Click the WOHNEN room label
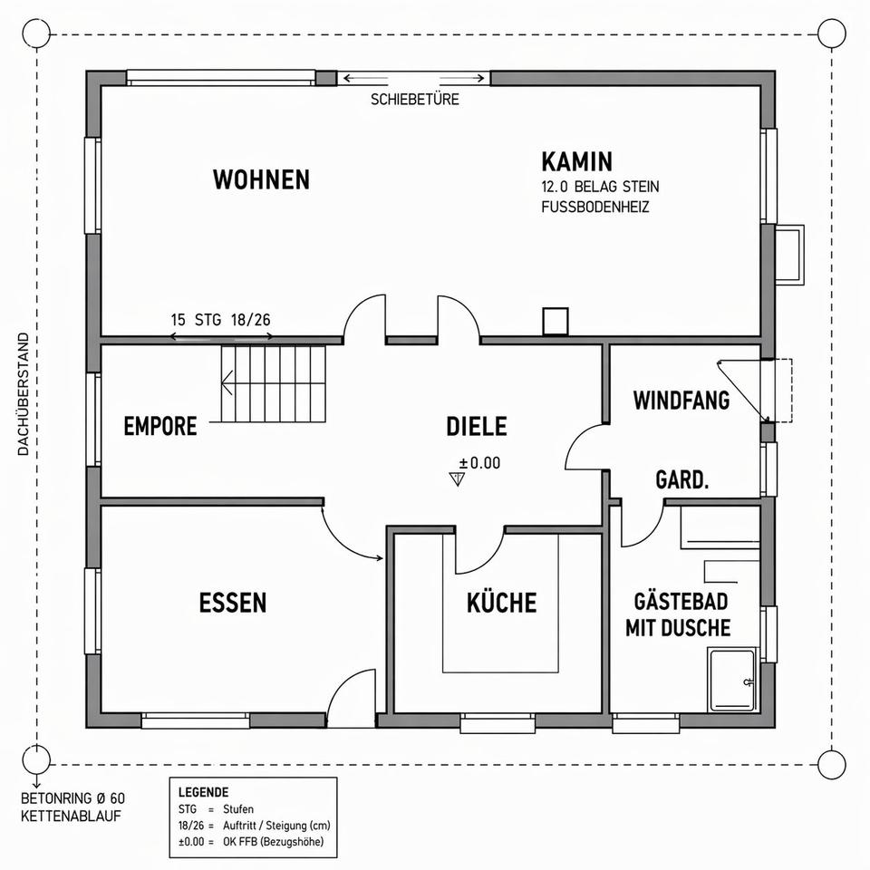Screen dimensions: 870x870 pos(261,179)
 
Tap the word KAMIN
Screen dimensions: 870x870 pos(577,161)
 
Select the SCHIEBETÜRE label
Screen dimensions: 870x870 pos(415,100)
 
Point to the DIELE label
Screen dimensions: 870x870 pos(477,426)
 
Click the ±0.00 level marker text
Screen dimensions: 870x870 pos(480,463)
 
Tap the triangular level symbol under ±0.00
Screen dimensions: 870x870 pos(457,478)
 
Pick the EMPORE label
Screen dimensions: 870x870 pos(160,426)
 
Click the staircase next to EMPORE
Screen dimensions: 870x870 pos(273,383)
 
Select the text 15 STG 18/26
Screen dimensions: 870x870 pos(221,320)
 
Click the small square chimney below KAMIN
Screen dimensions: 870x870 pos(556,321)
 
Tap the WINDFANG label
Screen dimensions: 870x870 pos(681,400)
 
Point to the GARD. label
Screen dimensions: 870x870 pos(681,480)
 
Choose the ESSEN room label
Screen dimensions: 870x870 pos(233,603)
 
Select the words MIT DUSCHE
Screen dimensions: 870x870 pos(678,627)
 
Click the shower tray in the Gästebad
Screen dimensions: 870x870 pos(732,680)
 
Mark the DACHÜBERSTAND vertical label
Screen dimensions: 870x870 pos(23,394)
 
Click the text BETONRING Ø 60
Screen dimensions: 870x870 pos(72,798)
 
